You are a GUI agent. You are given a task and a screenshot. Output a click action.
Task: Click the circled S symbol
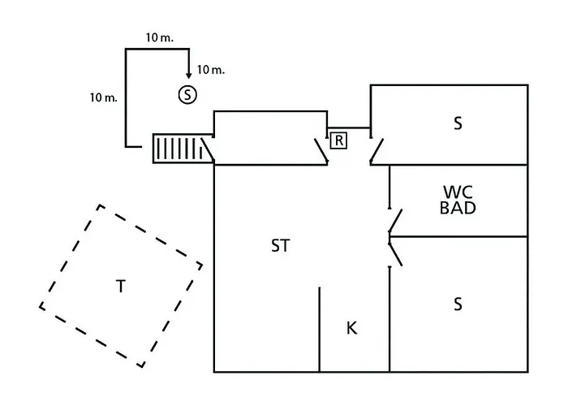(x=187, y=95)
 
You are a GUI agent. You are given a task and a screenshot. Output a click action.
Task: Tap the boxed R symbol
(x=338, y=140)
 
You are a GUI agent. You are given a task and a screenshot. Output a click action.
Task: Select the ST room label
(x=281, y=246)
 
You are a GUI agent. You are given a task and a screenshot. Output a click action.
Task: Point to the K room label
(x=351, y=328)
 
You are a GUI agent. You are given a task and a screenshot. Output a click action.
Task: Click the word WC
(x=458, y=192)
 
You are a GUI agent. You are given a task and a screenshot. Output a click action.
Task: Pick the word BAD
(x=458, y=208)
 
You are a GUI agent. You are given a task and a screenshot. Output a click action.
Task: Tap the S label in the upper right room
(x=458, y=123)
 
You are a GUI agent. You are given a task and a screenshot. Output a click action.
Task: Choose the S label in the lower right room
(x=458, y=304)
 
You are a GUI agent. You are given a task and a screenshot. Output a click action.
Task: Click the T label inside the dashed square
(x=121, y=287)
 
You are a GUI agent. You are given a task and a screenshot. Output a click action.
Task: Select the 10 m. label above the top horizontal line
(x=160, y=37)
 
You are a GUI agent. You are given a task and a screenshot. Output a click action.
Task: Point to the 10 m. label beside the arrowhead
(x=211, y=70)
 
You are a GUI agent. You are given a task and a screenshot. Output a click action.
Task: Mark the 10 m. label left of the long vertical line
(x=104, y=97)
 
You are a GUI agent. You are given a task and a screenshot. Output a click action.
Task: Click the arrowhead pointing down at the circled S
(x=188, y=75)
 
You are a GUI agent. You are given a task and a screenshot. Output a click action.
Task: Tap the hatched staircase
(x=183, y=149)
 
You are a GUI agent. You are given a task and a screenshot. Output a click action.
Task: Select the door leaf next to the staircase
(x=208, y=149)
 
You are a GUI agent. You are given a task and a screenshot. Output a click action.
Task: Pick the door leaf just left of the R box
(x=321, y=150)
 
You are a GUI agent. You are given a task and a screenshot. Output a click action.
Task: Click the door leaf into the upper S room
(x=377, y=150)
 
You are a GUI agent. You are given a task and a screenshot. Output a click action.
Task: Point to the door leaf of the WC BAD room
(x=395, y=220)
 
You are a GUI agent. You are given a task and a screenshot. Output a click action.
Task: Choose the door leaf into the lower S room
(x=395, y=254)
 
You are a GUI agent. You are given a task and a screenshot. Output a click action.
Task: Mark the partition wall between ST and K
(x=319, y=330)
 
